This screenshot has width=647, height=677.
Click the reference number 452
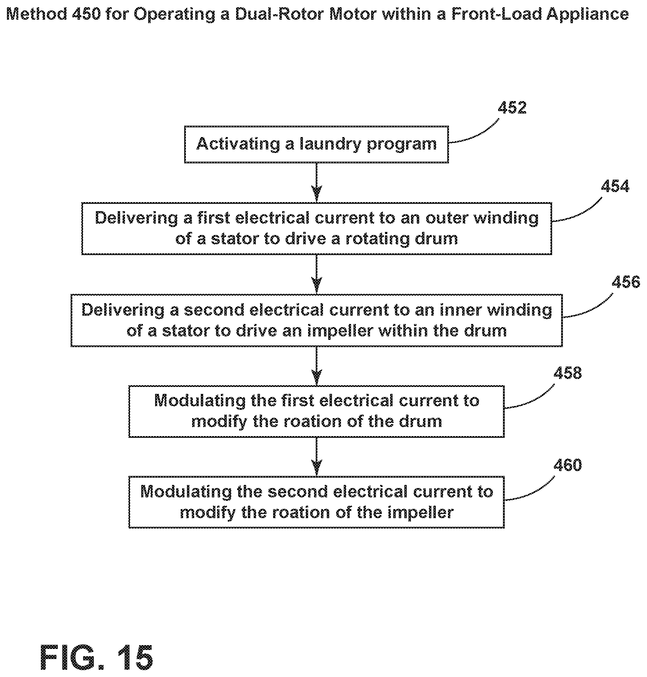coord(512,108)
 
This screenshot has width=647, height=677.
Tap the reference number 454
coord(615,187)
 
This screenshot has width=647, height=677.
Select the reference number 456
coord(626,282)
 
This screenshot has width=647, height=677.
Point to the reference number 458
coord(567,373)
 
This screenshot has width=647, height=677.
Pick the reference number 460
coord(567,465)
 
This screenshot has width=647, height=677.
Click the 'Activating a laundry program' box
coord(316,144)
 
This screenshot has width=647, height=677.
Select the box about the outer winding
coord(316,228)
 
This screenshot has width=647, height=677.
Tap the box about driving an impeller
coord(316,320)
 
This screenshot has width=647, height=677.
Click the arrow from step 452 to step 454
coord(316,182)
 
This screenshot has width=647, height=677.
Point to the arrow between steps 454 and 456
coord(316,274)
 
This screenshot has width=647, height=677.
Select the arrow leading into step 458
coord(316,366)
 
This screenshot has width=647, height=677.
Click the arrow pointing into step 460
coord(316,457)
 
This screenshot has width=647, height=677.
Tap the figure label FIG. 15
coord(97,657)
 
